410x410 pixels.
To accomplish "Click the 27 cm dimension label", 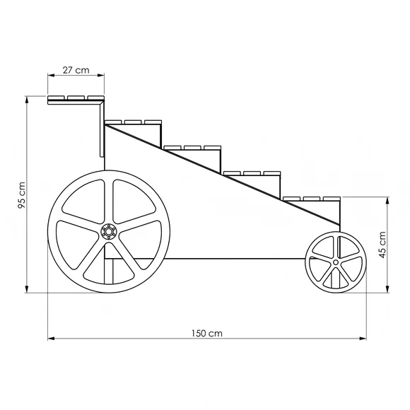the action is [76, 70].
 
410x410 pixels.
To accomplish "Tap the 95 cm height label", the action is [21, 195].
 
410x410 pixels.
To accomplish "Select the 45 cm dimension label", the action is [382, 245].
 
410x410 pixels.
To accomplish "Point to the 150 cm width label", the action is [207, 334].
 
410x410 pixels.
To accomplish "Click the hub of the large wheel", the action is [109, 231].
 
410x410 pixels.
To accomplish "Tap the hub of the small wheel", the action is [336, 262].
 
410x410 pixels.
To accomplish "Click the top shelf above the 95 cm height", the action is [76, 100].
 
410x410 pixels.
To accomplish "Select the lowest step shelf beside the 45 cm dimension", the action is [312, 199].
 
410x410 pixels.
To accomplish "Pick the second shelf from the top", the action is [133, 122].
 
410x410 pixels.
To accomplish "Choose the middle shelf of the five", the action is [192, 148].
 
